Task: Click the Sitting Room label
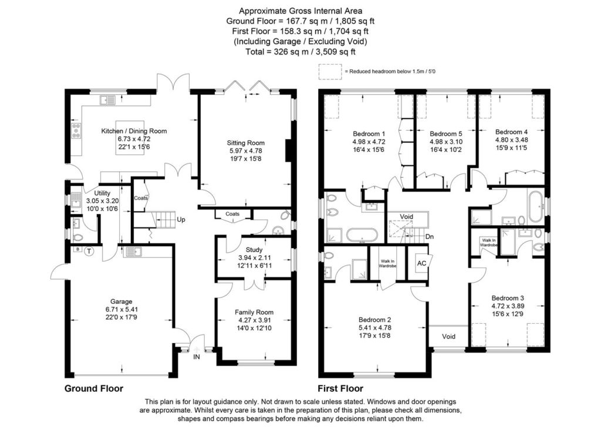pos(246,143)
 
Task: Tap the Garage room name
pos(121,301)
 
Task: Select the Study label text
pos(254,250)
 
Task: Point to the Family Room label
pos(254,312)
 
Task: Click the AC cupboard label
pos(421,263)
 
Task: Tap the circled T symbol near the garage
pos(89,251)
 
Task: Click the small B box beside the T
pos(78,249)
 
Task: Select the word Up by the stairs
pos(181,219)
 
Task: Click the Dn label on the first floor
pos(429,237)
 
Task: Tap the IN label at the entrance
pos(197,357)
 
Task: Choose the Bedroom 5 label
pos(446,134)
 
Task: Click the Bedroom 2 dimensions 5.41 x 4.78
pos(375,327)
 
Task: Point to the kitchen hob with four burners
pos(76,130)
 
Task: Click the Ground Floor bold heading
pos(94,388)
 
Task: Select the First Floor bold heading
pos(340,388)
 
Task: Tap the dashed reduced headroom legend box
pos(330,72)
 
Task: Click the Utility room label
pos(102,193)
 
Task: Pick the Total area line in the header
pos(300,52)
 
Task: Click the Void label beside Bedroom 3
pos(448,336)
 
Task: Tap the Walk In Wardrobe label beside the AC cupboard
pos(387,263)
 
